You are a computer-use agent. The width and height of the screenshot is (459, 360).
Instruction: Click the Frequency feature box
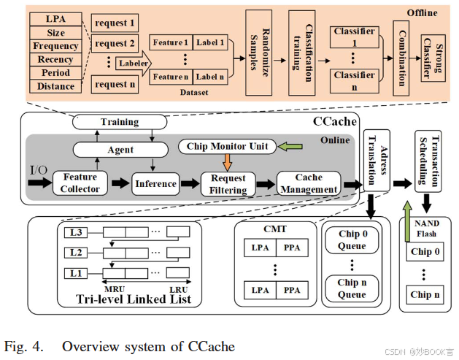tap(55, 46)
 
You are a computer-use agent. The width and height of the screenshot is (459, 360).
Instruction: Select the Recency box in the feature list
tap(55, 59)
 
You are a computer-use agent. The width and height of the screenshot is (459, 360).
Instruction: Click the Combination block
tap(398, 53)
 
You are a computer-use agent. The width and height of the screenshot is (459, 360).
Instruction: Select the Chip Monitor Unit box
tap(227, 147)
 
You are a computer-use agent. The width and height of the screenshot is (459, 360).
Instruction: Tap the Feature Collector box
tap(80, 183)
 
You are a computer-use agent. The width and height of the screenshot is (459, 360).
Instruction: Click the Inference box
tap(156, 184)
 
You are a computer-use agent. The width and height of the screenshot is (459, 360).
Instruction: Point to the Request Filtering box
tap(228, 183)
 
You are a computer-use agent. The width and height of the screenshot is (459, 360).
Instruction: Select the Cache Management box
tap(309, 183)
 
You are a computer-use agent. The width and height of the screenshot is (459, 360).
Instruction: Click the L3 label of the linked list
tap(77, 233)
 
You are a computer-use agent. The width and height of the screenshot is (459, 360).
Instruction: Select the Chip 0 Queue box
tap(352, 240)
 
